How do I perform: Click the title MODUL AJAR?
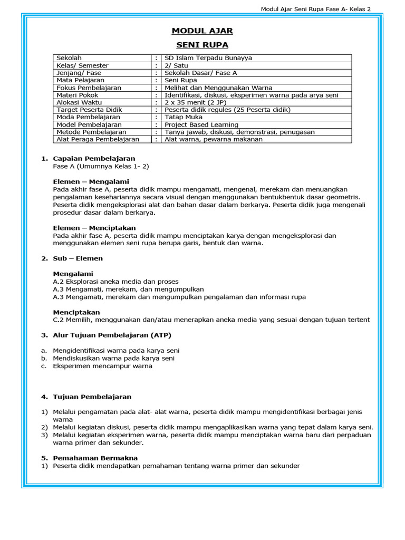[202, 31]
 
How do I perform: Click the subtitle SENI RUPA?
[202, 45]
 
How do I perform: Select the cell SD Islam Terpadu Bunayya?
[206, 58]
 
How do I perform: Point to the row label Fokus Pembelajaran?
[89, 88]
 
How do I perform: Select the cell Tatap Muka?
[182, 117]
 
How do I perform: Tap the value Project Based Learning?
[201, 124]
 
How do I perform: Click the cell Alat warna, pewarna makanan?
[213, 139]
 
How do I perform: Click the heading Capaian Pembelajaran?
[94, 158]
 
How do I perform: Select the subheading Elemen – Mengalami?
[87, 180]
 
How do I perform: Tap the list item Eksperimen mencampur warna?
[102, 366]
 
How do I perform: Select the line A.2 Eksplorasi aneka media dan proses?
[115, 282]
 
